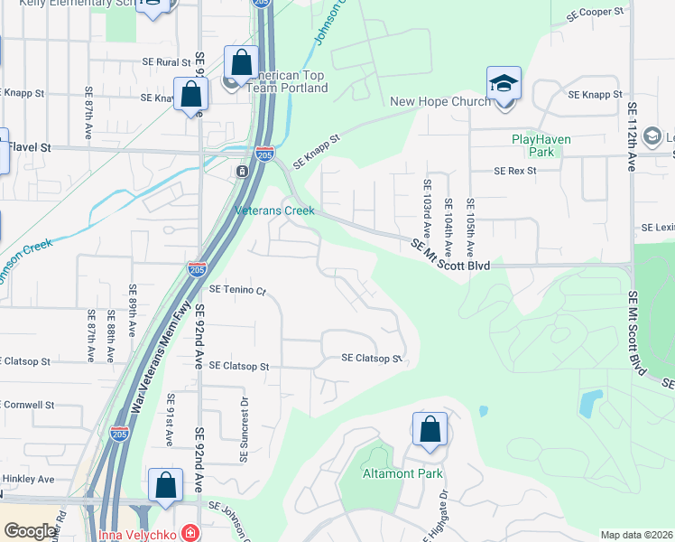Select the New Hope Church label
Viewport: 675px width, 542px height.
pos(440,101)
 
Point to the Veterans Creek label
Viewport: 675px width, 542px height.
pos(274,210)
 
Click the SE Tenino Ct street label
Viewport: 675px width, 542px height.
pos(238,290)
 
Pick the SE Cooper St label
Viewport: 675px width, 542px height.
pos(595,14)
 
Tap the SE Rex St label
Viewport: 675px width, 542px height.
pos(515,171)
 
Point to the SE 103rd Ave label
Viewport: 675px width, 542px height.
pos(427,210)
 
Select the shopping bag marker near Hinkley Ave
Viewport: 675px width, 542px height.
pos(165,485)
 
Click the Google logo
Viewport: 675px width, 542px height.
pos(30,531)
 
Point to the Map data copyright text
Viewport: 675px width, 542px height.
pos(635,535)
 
